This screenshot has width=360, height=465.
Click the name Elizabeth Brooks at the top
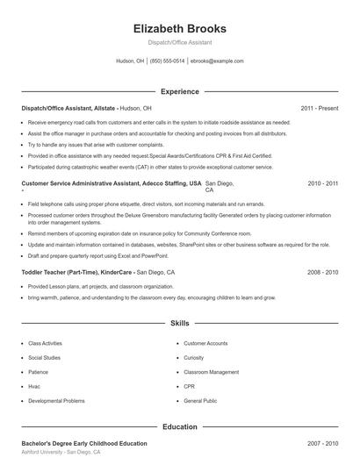[x=179, y=28]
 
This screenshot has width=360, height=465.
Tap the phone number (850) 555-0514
[x=167, y=61]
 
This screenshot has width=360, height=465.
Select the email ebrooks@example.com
[x=217, y=61]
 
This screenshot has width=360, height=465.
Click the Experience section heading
[x=179, y=91]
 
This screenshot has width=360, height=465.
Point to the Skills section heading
[x=179, y=324]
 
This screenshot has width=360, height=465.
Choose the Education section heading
[x=179, y=426]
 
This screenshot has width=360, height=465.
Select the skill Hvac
[x=35, y=386]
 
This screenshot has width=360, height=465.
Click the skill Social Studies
[x=45, y=358]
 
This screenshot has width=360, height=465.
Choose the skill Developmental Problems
[x=56, y=400]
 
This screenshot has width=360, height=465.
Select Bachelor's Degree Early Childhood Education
[x=84, y=444]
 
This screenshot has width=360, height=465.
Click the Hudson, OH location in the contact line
[x=130, y=61]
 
